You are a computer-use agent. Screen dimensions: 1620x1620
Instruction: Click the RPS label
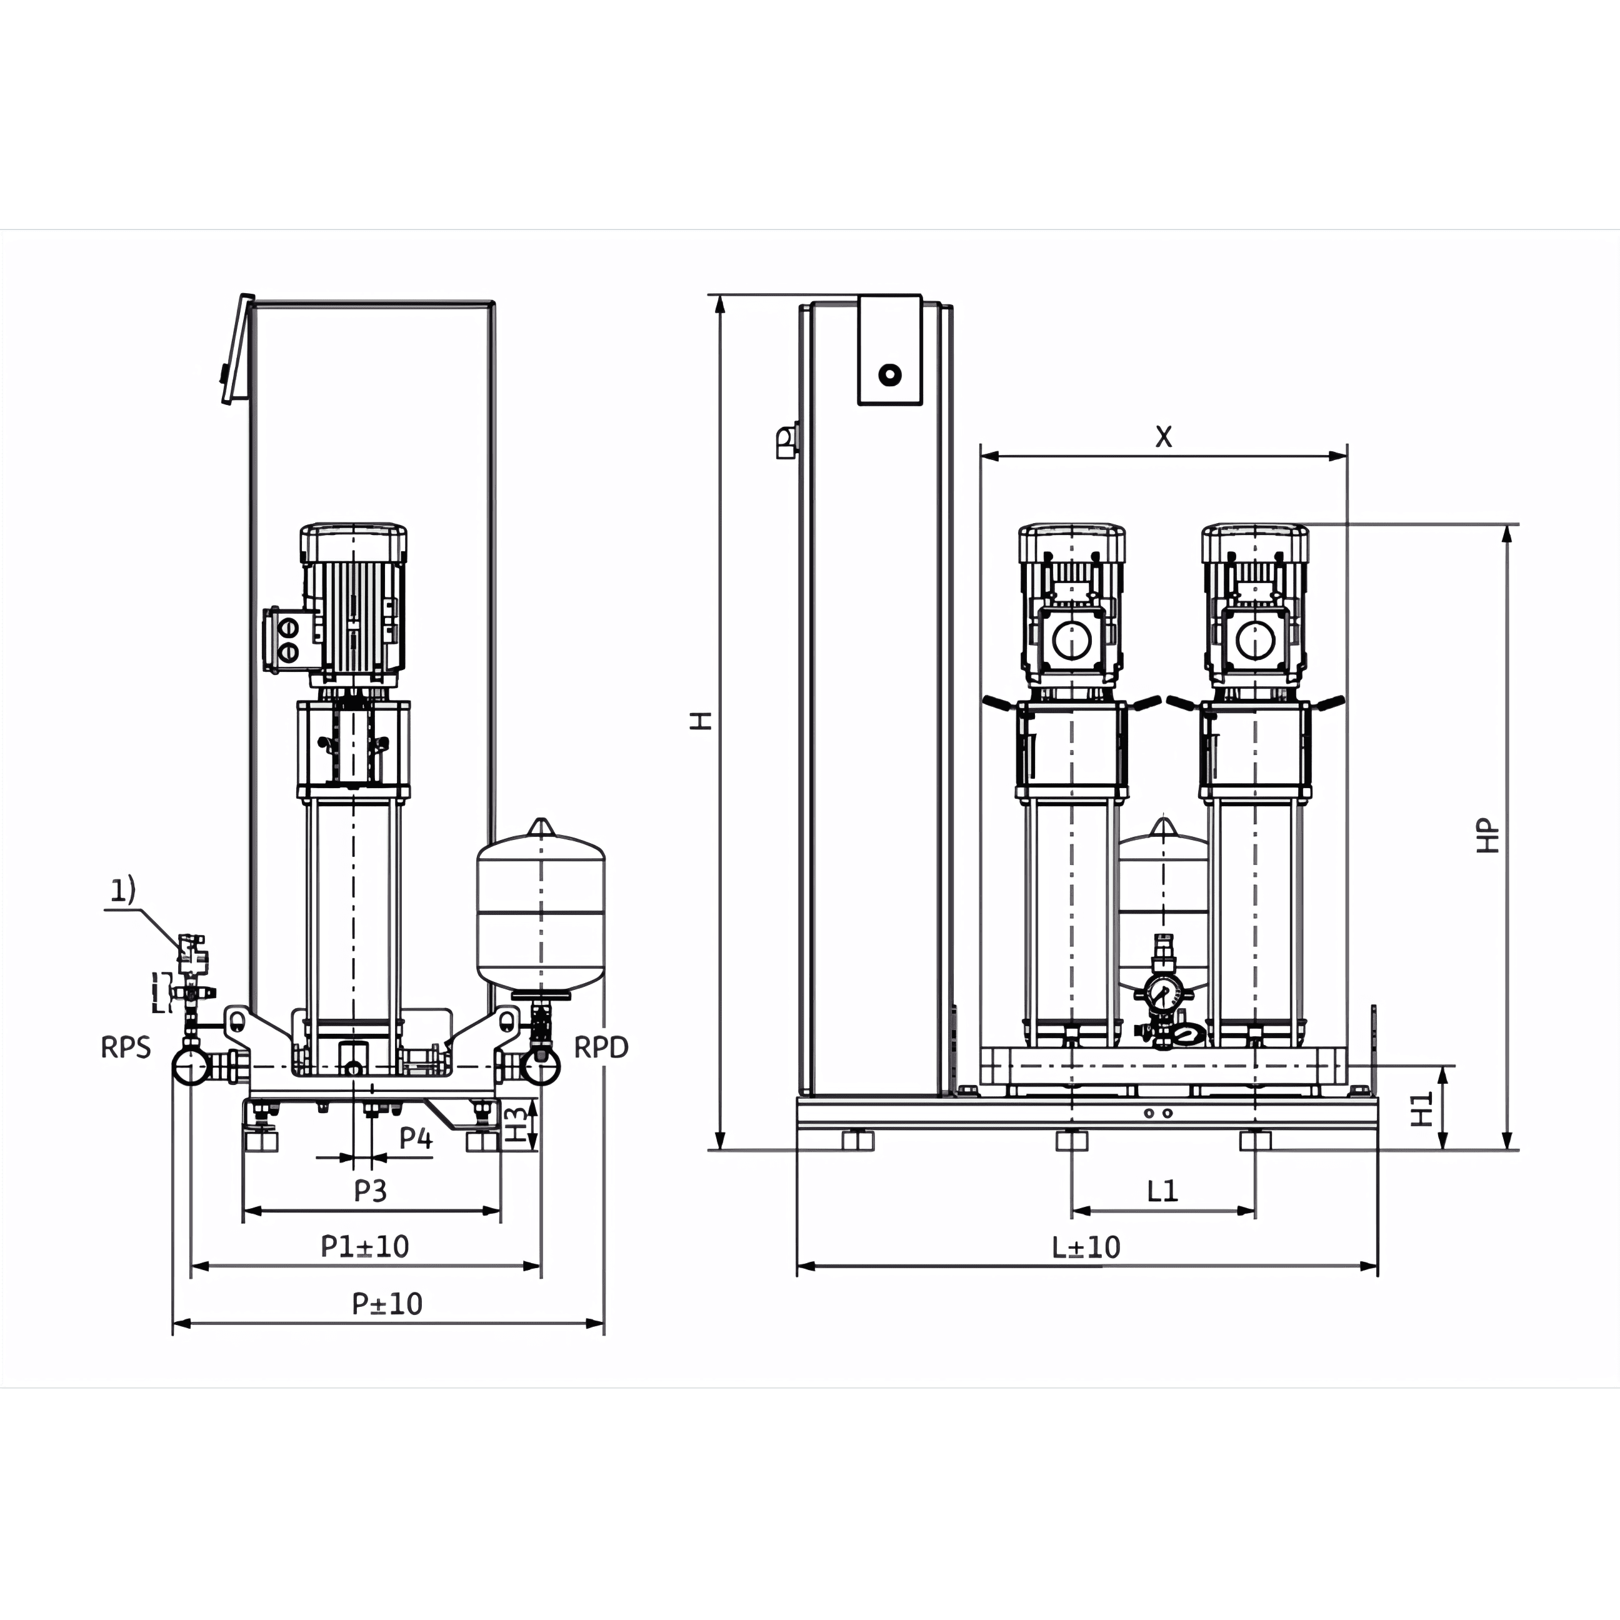coord(126,1047)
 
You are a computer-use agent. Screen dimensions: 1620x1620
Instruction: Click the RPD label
coord(601,1047)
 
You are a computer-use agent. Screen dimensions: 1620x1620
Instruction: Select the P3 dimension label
coord(371,1191)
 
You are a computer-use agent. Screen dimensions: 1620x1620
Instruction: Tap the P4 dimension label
coord(416,1138)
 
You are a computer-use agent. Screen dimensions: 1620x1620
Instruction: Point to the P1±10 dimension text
coord(365,1247)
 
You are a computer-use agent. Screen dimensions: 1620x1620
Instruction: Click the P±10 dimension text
coord(387,1304)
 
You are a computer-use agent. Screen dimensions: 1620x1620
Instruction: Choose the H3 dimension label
coord(519,1124)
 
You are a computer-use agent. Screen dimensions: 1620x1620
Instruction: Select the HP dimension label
coord(1487,836)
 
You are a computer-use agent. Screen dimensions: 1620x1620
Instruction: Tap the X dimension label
coord(1164,437)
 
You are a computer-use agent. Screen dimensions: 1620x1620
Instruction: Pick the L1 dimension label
coord(1163,1191)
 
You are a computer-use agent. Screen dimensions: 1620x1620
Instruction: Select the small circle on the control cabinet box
coord(889,375)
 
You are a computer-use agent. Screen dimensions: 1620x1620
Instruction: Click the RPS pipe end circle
coord(191,1066)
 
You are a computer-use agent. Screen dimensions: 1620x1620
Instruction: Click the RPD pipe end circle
coord(541,1066)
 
